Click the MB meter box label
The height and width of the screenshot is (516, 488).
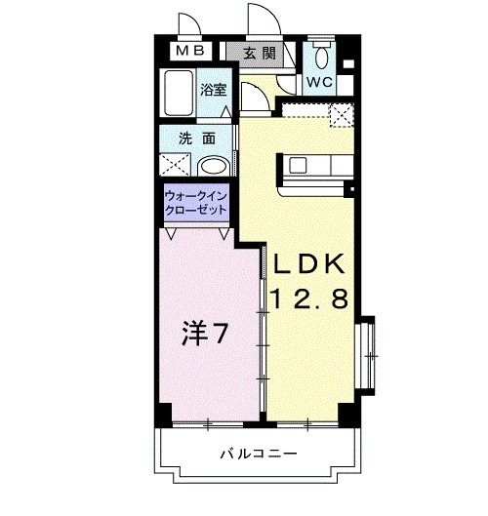[190, 51]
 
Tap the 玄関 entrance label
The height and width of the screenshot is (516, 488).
[260, 53]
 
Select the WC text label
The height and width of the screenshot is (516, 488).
[319, 82]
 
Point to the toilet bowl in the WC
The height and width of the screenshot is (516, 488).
[321, 57]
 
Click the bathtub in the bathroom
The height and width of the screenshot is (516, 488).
[179, 93]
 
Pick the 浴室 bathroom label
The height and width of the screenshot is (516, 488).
[214, 90]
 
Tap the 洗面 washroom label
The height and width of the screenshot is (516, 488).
[197, 139]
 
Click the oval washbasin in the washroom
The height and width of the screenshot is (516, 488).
[214, 166]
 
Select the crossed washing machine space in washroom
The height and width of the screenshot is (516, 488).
[175, 164]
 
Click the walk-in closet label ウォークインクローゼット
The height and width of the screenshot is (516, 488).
[196, 203]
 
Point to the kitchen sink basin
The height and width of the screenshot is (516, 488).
[298, 165]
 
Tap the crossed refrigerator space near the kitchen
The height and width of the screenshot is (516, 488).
[342, 115]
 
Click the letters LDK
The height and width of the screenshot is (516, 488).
[308, 264]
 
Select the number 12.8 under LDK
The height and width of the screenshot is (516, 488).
[309, 298]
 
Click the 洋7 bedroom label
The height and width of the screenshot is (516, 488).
[205, 333]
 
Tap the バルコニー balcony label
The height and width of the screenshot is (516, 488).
[259, 455]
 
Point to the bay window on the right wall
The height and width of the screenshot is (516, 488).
[367, 356]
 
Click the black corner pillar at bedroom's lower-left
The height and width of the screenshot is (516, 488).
[165, 415]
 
